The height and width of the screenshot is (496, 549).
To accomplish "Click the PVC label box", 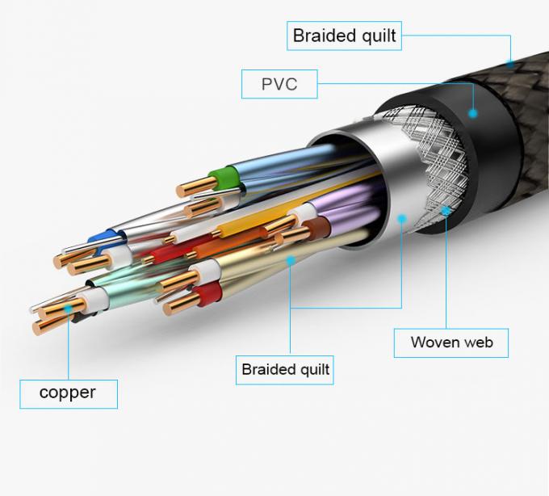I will pyautogui.click(x=279, y=84).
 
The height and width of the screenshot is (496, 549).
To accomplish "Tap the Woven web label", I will pyautogui.click(x=452, y=342).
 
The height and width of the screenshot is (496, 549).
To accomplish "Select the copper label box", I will pyautogui.click(x=68, y=393).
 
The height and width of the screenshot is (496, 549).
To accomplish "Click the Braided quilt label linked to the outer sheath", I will pyautogui.click(x=344, y=36).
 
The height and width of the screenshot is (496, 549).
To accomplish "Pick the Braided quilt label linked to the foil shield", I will pyautogui.click(x=286, y=370).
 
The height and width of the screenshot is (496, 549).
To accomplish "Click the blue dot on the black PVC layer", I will pyautogui.click(x=473, y=114).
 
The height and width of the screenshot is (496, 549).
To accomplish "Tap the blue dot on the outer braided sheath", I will pyautogui.click(x=509, y=63).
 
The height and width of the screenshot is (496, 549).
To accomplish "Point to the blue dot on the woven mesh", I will pyautogui.click(x=446, y=212).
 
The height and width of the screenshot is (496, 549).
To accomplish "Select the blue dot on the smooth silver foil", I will pyautogui.click(x=401, y=216).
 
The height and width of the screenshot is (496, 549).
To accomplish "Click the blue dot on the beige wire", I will pyautogui.click(x=291, y=260).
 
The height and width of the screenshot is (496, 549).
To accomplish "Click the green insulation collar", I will pyautogui.click(x=220, y=176).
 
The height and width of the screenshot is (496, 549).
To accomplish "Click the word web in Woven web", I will pyautogui.click(x=478, y=342).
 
